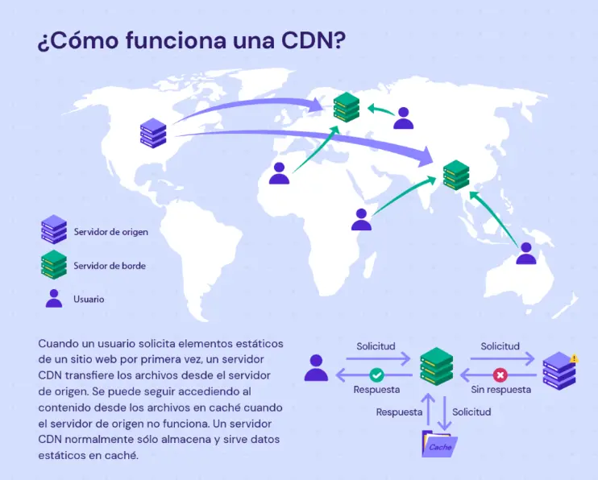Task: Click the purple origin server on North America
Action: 152,132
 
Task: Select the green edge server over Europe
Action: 347,107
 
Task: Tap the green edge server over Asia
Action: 456,175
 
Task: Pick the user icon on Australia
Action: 526,253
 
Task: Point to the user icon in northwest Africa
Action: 279,173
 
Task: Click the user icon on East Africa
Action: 361,219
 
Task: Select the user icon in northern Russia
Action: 403,118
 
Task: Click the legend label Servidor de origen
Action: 111,232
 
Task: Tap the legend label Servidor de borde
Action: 110,265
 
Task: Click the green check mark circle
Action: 376,374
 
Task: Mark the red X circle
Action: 500,374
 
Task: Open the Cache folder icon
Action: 439,445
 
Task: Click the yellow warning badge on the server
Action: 573,358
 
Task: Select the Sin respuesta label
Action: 500,390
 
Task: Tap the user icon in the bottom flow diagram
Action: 316,368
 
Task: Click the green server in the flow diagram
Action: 437,366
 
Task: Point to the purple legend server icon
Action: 54,230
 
